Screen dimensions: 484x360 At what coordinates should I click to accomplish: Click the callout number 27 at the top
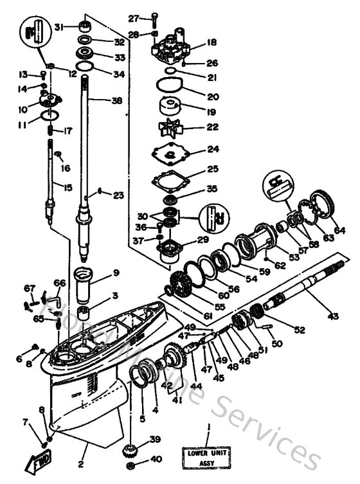point(133,17)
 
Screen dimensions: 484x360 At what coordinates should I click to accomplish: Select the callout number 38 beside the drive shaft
point(116,100)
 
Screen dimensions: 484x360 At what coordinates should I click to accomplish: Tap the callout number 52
point(300,330)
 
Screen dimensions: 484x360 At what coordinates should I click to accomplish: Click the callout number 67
point(28,287)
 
